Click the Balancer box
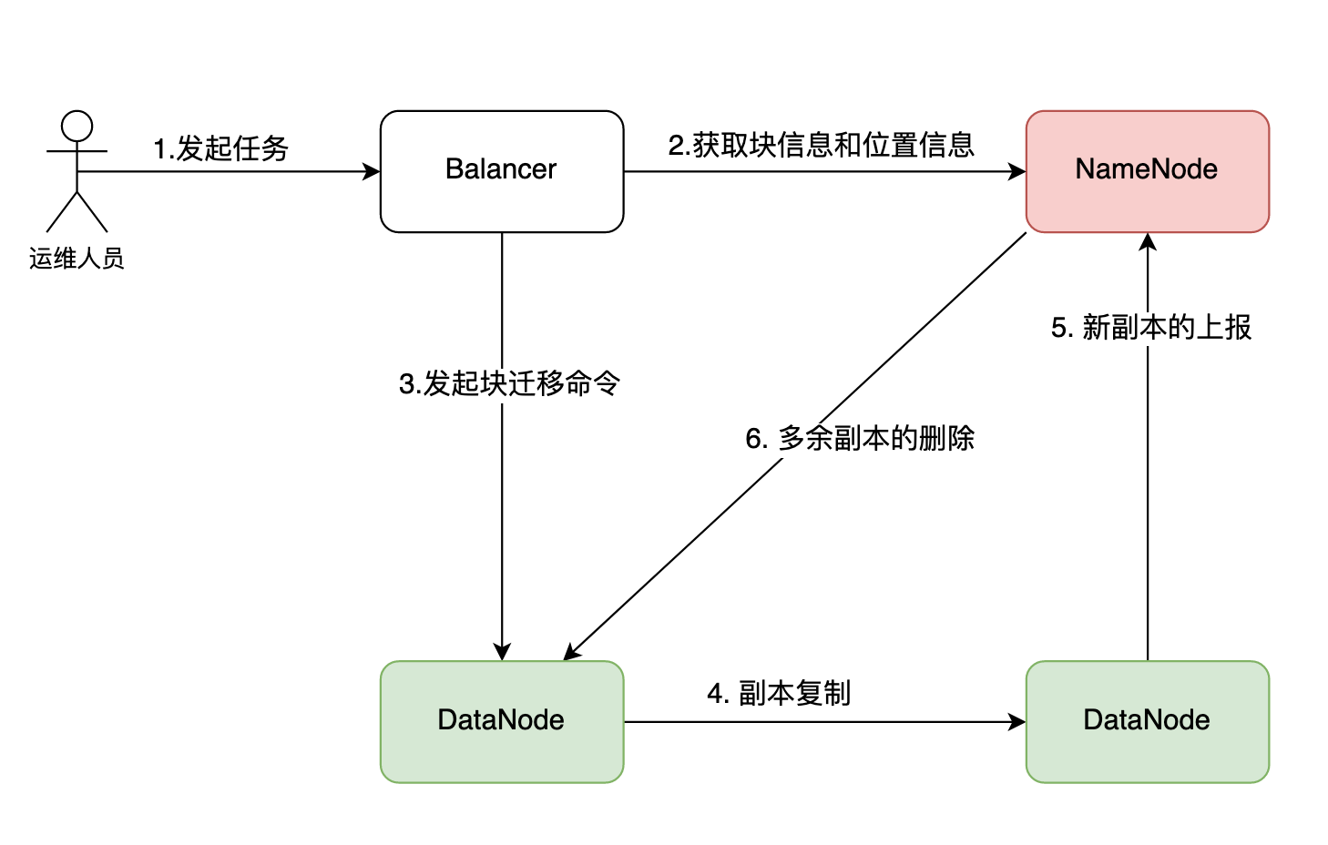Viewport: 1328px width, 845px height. point(501,171)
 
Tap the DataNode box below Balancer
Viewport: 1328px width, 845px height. point(501,721)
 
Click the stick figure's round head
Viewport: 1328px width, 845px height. point(77,127)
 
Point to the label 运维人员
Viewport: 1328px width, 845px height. point(77,259)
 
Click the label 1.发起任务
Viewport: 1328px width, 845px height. point(220,148)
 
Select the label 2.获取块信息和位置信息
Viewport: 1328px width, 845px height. point(821,146)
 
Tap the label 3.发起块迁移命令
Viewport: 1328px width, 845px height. point(509,383)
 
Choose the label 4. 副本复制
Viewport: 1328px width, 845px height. point(779,694)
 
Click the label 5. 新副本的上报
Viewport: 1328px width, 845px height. point(1151,328)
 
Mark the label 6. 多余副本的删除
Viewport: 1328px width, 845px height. point(860,439)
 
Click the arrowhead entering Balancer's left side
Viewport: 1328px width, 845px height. point(372,171)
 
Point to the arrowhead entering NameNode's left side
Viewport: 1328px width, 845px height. point(1017,171)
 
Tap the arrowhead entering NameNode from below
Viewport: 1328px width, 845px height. point(1148,241)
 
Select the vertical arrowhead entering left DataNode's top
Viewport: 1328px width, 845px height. point(502,652)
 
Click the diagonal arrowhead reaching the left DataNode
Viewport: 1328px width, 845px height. point(572,652)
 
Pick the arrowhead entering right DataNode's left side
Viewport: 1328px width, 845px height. point(1017,722)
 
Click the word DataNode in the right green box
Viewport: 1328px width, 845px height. point(1147,720)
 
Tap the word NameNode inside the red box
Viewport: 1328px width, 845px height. point(1147,169)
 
